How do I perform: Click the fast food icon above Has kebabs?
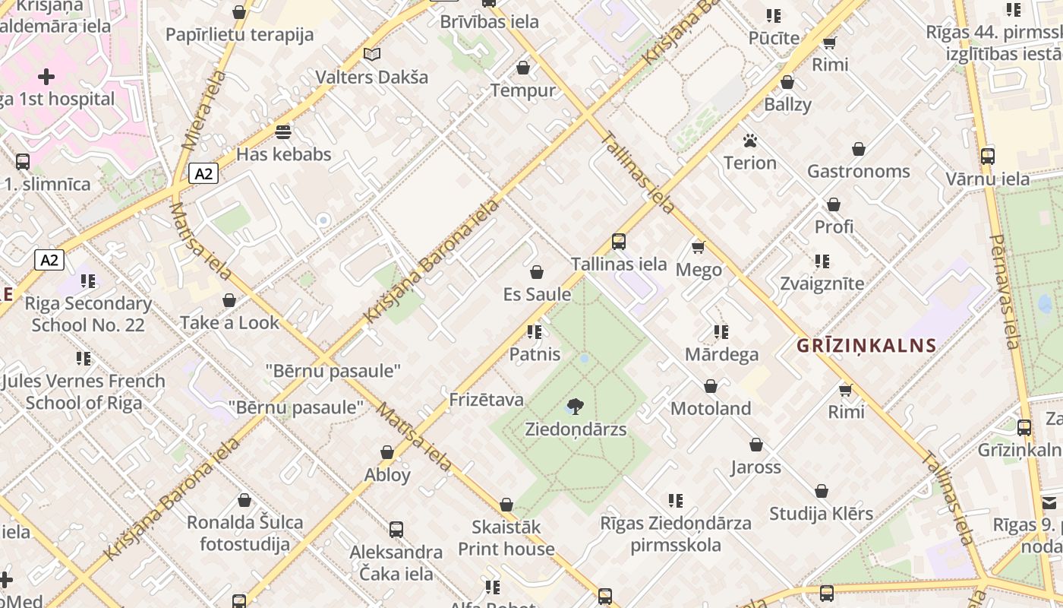(283, 132)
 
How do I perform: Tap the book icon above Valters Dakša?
(371, 55)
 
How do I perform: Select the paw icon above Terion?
(750, 141)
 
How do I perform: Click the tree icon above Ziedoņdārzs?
(576, 407)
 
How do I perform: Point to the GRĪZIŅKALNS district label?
(866, 347)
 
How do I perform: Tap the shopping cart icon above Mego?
(699, 247)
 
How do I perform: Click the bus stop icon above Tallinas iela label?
(619, 242)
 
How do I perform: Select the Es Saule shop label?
(537, 294)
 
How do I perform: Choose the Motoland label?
(711, 409)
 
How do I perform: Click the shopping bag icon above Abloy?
(387, 453)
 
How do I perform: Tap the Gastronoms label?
(858, 172)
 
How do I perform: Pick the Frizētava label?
(486, 400)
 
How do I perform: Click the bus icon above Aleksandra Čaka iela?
(396, 530)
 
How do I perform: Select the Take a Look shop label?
(229, 323)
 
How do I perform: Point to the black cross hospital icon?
(46, 77)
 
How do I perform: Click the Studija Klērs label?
(821, 514)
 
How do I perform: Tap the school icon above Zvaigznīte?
(822, 261)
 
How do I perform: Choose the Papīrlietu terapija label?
(239, 35)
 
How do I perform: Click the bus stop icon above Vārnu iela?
(987, 157)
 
